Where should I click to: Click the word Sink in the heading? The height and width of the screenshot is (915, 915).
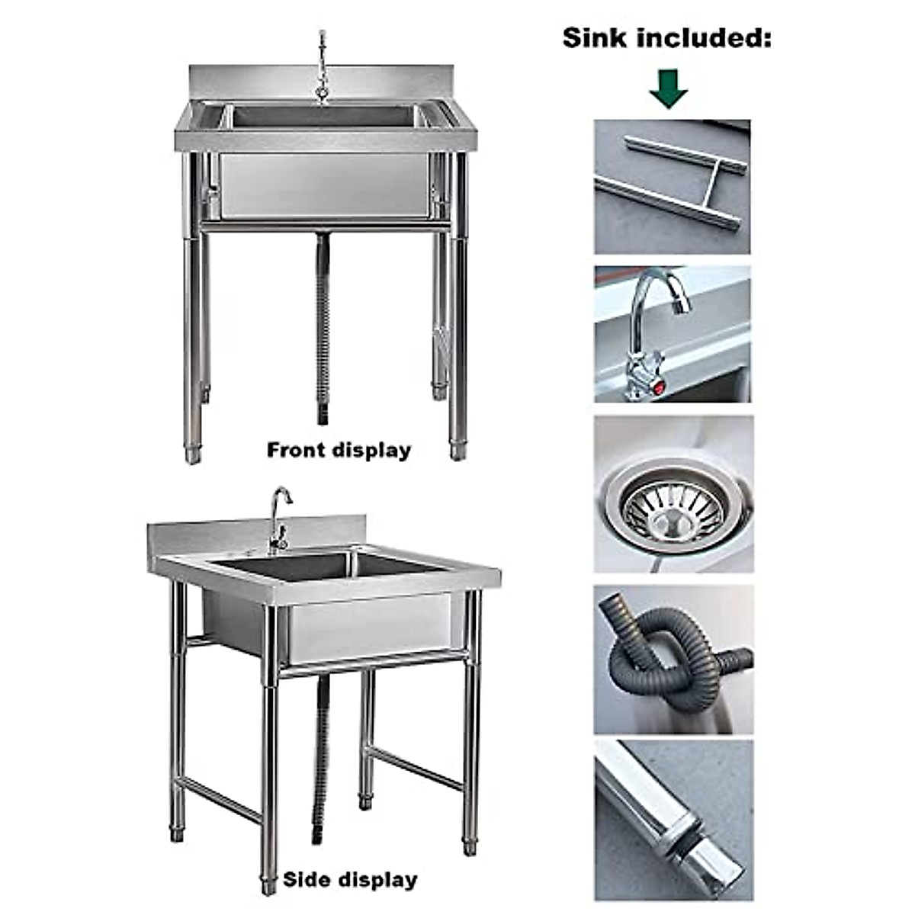click(596, 38)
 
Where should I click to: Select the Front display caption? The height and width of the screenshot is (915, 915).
click(339, 450)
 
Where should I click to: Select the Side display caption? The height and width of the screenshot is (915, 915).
click(350, 880)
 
